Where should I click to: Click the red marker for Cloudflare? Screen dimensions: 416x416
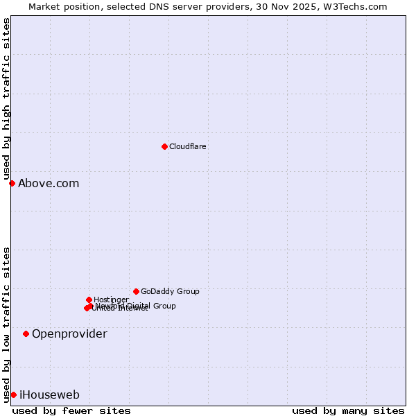164,146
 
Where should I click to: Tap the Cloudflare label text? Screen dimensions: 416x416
188,146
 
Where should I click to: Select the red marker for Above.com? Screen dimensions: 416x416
12,183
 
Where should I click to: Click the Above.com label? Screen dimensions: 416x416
49,184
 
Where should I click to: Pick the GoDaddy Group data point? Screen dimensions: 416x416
136,291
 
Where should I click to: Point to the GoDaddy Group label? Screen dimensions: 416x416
170,291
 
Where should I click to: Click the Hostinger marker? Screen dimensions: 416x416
89,300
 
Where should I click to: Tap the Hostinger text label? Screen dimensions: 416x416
111,300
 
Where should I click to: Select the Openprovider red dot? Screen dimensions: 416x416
26,333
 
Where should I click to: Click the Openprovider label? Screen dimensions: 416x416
69,334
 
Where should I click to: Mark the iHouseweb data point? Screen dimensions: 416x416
13,395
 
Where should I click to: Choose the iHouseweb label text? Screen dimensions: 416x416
49,395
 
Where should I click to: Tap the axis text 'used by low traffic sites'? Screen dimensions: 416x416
7,324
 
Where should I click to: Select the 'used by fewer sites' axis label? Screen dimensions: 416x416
71,410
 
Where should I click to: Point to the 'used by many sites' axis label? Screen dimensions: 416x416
348,410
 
